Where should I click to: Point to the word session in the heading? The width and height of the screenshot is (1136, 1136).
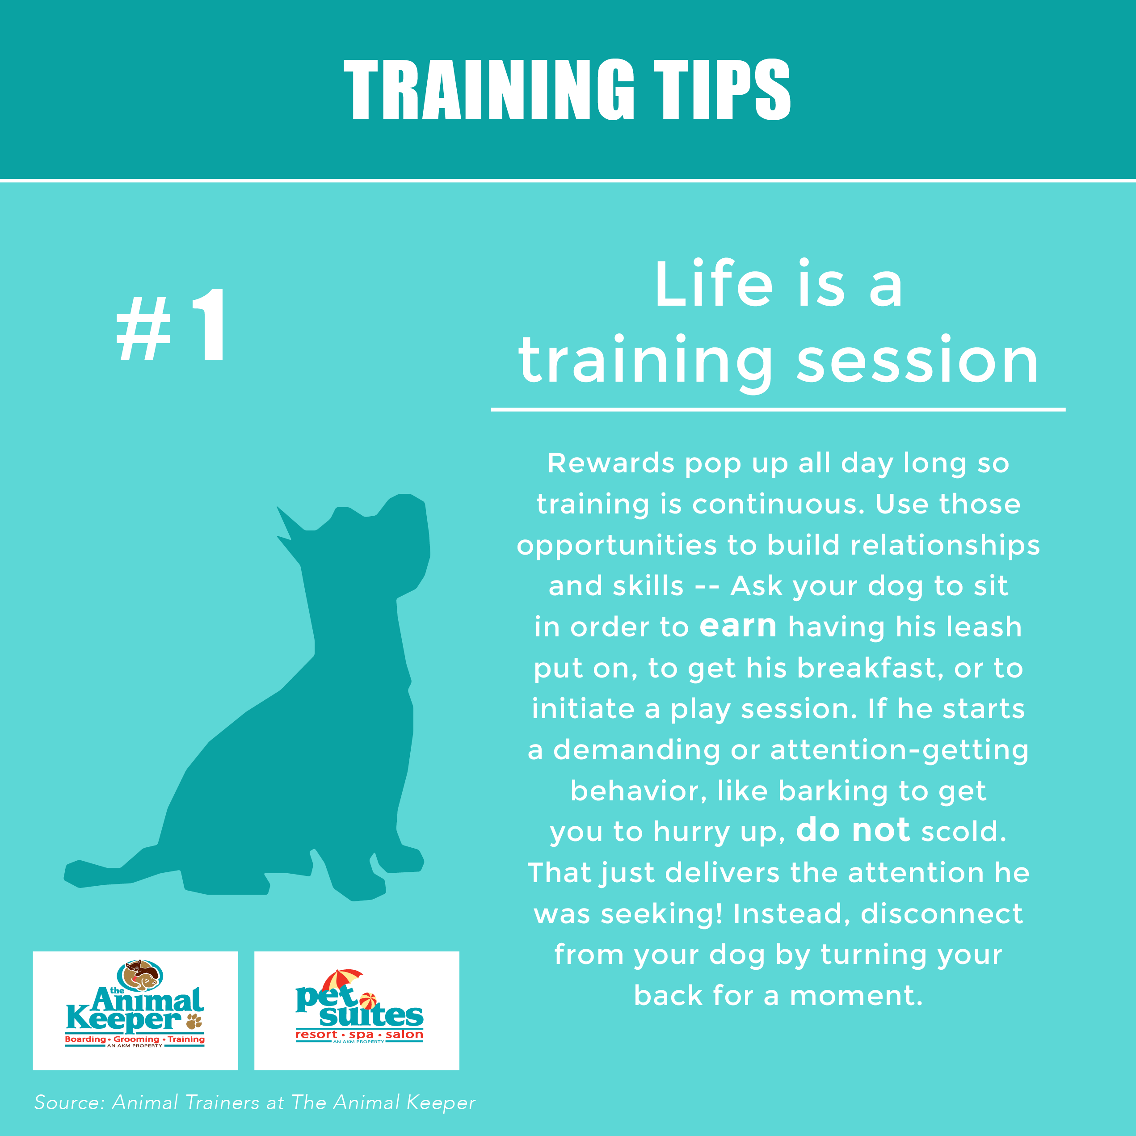coord(917,360)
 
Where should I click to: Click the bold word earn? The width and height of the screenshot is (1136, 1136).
coord(738,626)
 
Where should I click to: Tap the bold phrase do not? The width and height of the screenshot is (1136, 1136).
coord(853,830)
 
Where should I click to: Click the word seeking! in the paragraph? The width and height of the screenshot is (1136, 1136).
coord(661,913)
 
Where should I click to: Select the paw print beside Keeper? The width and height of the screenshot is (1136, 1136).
coord(194,1021)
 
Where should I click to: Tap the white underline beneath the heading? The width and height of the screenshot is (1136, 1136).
coord(778,408)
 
